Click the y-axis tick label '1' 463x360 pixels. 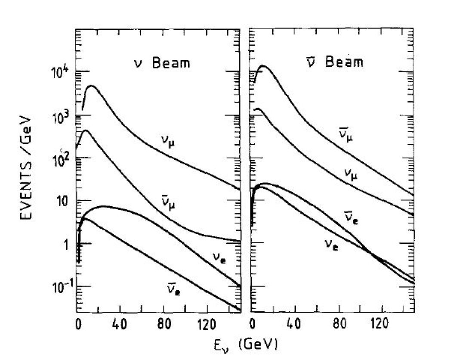pyautogui.click(x=64, y=245)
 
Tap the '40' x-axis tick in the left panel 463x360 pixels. pyautogui.click(x=120, y=323)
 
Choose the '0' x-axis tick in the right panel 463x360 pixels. pyautogui.click(x=253, y=323)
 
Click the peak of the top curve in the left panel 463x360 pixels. pyautogui.click(x=92, y=86)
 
